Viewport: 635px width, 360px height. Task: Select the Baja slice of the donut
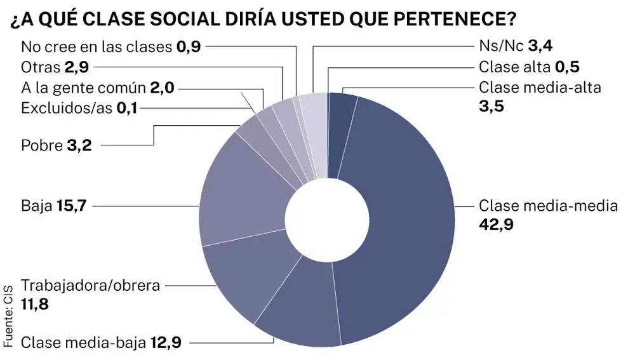pyautogui.click(x=241, y=190)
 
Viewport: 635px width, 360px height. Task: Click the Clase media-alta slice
pyautogui.click(x=341, y=108)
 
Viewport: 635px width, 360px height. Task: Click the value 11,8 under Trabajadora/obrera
pyautogui.click(x=35, y=305)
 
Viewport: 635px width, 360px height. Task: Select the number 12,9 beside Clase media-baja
pyautogui.click(x=166, y=343)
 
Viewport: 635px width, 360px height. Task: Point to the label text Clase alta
pyautogui.click(x=514, y=67)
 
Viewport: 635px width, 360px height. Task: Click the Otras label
pyautogui.click(x=41, y=67)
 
